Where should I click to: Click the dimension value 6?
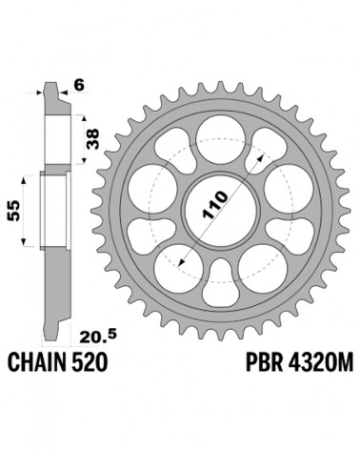pos(79,86)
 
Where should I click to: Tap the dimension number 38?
pos(92,138)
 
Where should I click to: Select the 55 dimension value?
pos(14,211)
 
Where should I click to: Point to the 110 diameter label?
pos(215,205)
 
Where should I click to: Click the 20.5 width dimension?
pos(98,337)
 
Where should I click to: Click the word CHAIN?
pos(37,362)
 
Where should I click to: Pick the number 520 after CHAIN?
pos(90,362)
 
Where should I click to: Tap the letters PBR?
pos(265,362)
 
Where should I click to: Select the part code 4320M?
pos(320,362)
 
